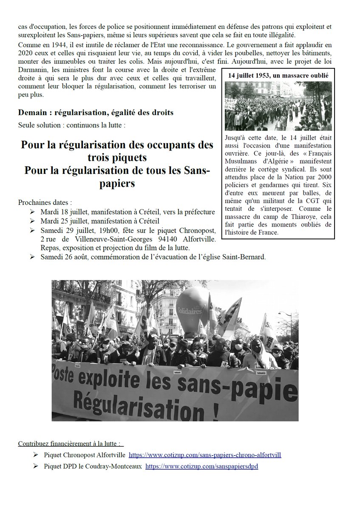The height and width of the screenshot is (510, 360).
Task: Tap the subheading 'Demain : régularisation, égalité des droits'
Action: coord(96,113)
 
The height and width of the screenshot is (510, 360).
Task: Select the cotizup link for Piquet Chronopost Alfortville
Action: coord(204,455)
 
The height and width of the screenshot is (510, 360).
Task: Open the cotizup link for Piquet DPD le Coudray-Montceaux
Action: coord(201,466)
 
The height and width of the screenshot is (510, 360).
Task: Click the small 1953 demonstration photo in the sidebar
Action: coord(278,106)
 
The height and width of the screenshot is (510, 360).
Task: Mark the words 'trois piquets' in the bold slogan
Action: coord(117,157)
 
